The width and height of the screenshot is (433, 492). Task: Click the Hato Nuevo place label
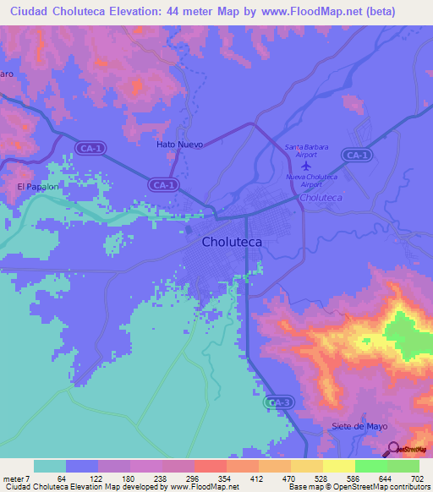180,145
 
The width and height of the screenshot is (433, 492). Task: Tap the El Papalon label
36,187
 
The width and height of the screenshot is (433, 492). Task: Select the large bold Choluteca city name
232,242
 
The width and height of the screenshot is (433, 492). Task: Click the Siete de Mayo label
360,426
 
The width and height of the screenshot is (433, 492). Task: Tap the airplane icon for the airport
306,165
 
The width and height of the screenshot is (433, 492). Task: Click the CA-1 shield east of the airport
357,155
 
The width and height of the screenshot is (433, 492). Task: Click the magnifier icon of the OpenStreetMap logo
393,449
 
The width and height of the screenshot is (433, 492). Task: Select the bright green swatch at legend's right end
403,466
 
